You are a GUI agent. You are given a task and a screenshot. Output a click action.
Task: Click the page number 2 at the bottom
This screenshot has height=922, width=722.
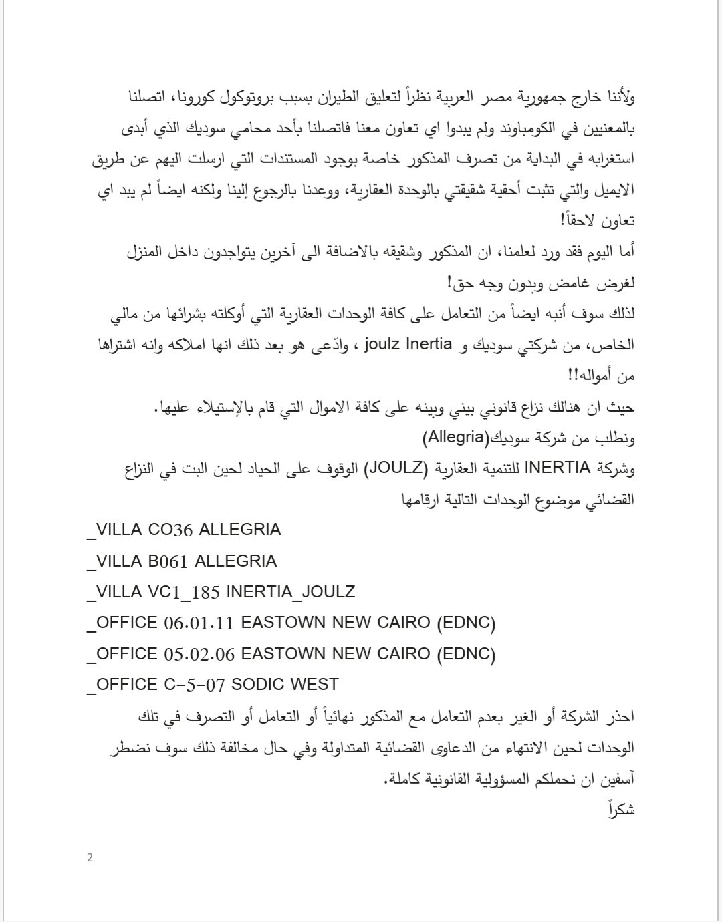click(x=90, y=857)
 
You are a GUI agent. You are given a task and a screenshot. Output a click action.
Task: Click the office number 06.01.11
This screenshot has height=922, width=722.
click(x=199, y=623)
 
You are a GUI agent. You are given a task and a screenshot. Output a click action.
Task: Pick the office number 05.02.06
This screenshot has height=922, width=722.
click(x=199, y=654)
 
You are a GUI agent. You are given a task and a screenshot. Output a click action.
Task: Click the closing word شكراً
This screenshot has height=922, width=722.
click(x=621, y=809)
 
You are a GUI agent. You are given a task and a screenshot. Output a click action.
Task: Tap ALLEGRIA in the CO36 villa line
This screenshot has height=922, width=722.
click(x=240, y=530)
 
